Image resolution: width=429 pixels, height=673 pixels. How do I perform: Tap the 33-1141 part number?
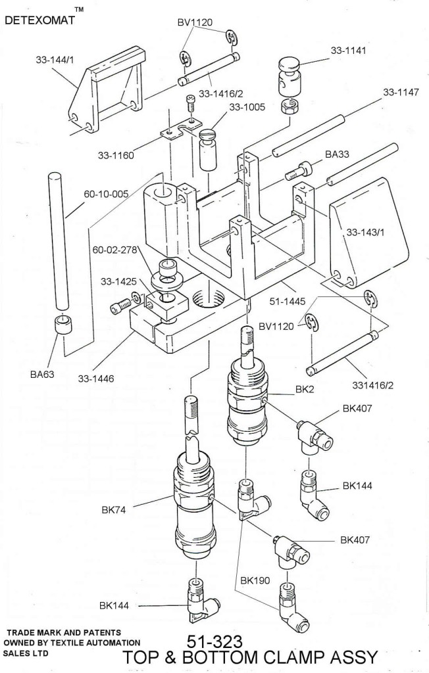point(348,50)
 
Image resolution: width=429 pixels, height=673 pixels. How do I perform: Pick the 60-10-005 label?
point(105,195)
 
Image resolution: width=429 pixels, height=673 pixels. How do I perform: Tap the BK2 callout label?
point(305,390)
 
